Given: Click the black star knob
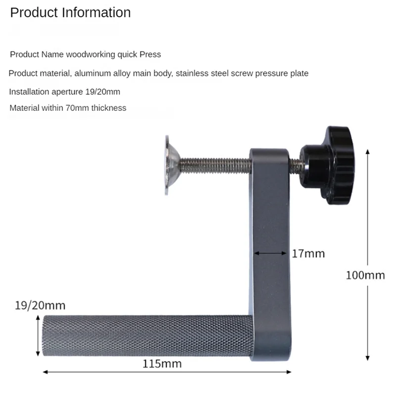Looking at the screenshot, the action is tap(328, 165).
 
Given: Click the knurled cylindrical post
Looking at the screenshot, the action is tap(147, 336).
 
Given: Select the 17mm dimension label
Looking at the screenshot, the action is tap(308, 253).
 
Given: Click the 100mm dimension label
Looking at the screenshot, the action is tap(365, 275).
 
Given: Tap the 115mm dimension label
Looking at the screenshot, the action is tap(162, 364).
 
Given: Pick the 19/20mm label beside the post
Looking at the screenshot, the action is tap(40, 305).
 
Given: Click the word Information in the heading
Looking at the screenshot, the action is tap(97, 13).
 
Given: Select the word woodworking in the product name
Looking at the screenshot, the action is tap(91, 54).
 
